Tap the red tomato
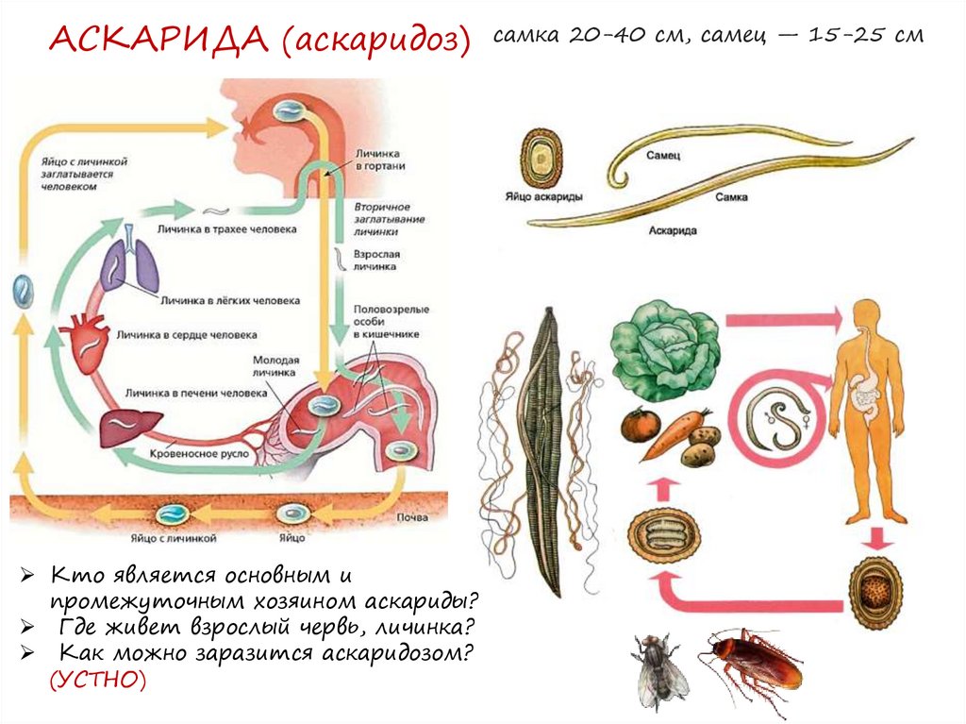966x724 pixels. [639, 425]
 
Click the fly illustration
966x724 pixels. [658, 667]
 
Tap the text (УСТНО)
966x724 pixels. [98, 680]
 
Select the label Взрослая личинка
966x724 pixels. [377, 261]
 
